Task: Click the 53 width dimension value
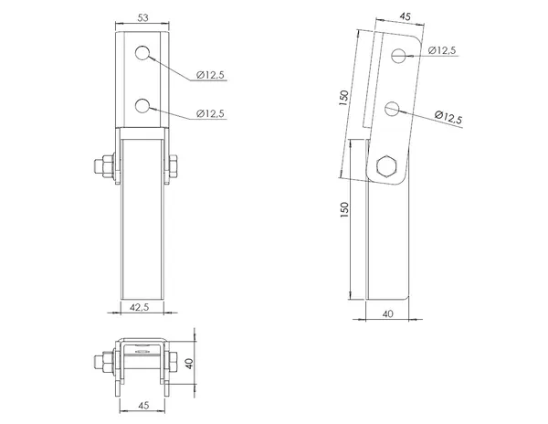[x=142, y=17]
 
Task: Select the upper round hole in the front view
[x=142, y=54]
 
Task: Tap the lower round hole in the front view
[x=142, y=106]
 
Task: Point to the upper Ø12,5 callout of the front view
[x=210, y=75]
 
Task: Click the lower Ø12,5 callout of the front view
[x=210, y=113]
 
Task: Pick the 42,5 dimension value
[x=139, y=307]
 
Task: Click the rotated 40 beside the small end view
[x=189, y=363]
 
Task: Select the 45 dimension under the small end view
[x=143, y=405]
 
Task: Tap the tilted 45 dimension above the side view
[x=405, y=16]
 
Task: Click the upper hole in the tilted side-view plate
[x=398, y=56]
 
